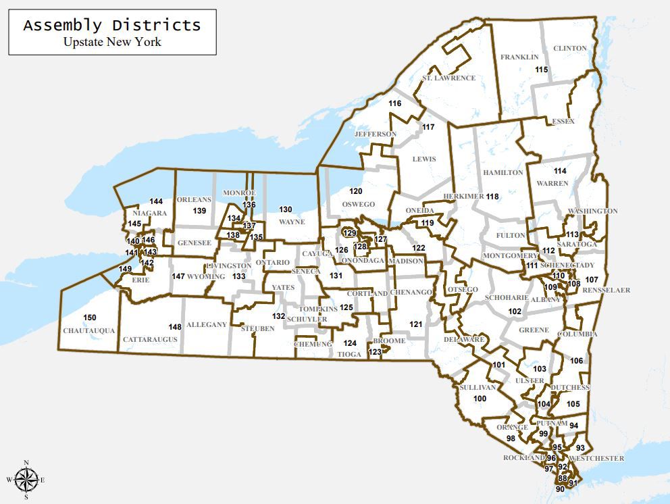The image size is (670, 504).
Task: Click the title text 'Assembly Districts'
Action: [112, 26]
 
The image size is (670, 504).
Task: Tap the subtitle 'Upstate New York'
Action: [112, 42]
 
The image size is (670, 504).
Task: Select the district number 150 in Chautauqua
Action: [90, 318]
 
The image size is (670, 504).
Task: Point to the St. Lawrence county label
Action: [448, 78]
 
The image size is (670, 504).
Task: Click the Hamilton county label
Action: [503, 173]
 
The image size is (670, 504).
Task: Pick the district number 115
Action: [541, 70]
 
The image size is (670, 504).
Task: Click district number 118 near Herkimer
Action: [492, 197]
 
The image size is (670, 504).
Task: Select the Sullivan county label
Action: [478, 388]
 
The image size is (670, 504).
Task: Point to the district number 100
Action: [480, 399]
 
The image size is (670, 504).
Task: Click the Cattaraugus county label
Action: [150, 338]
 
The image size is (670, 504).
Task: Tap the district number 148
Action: [175, 326]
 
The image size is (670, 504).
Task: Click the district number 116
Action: [395, 103]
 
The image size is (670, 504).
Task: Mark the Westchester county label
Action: [596, 459]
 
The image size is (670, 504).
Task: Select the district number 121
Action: [415, 325]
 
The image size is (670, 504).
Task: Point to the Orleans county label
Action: [194, 200]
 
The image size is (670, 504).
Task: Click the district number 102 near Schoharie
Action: [515, 311]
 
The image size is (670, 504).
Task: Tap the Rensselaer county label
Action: [607, 291]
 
